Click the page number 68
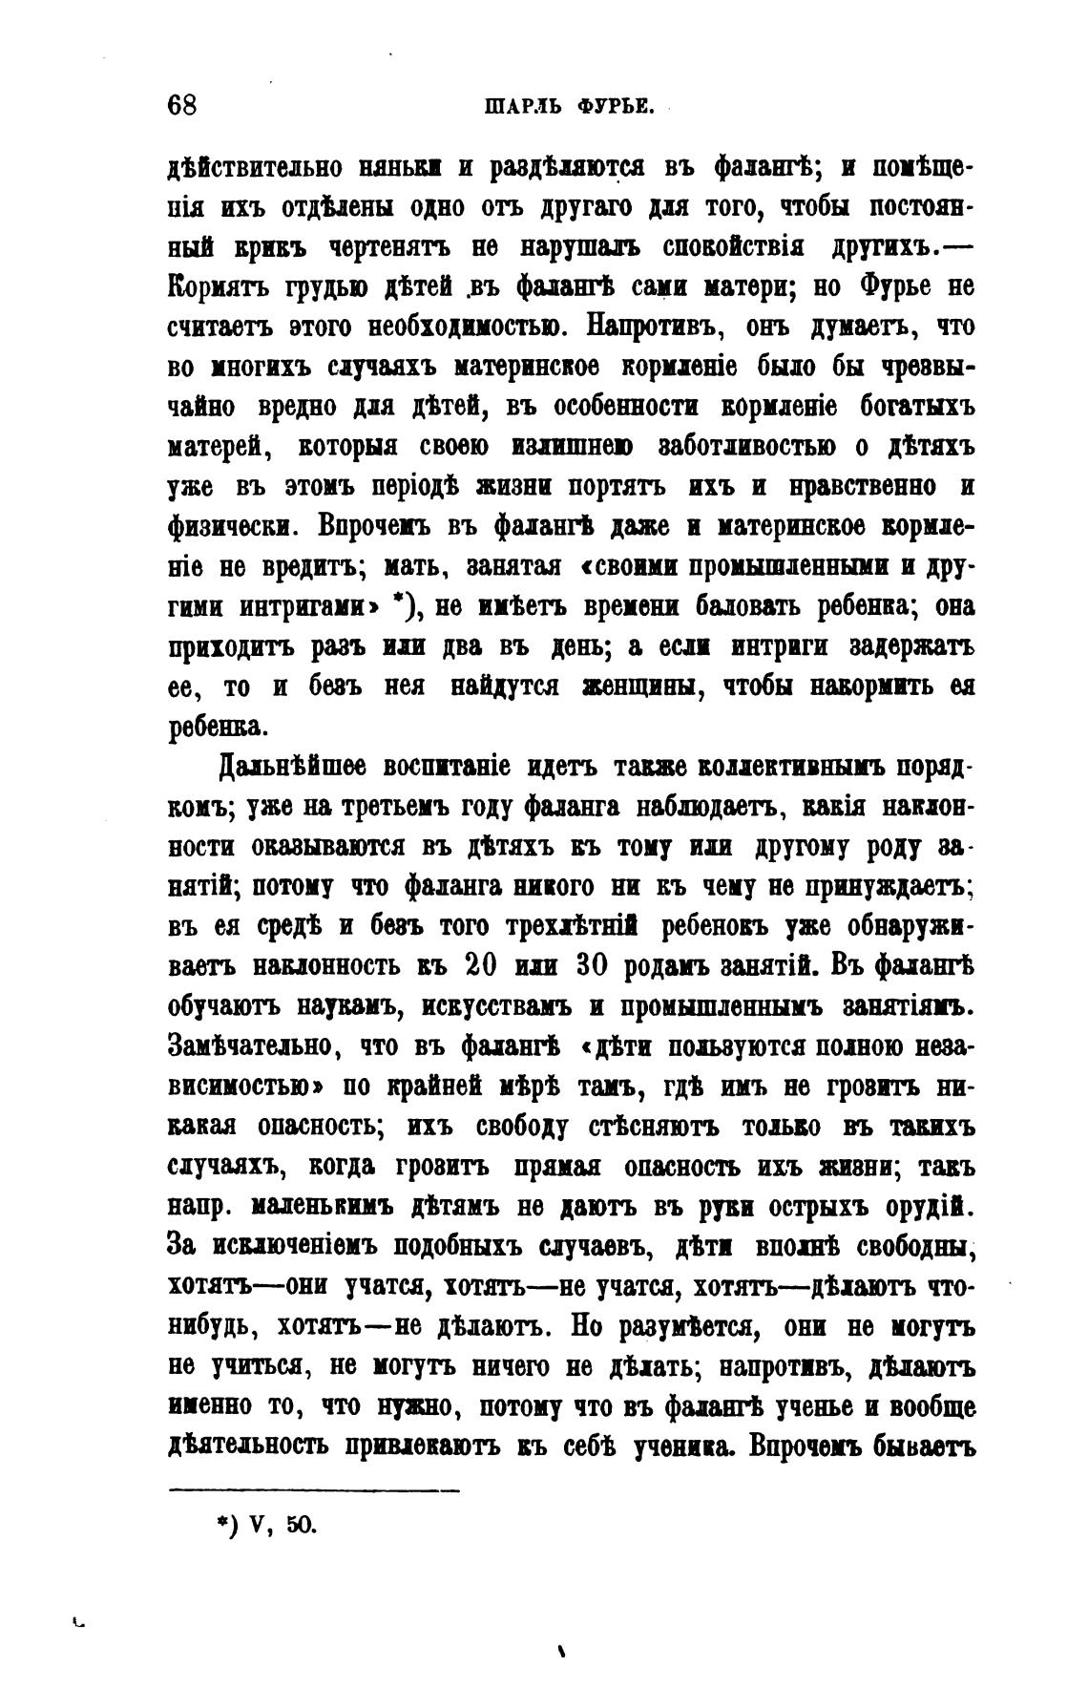(182, 104)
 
